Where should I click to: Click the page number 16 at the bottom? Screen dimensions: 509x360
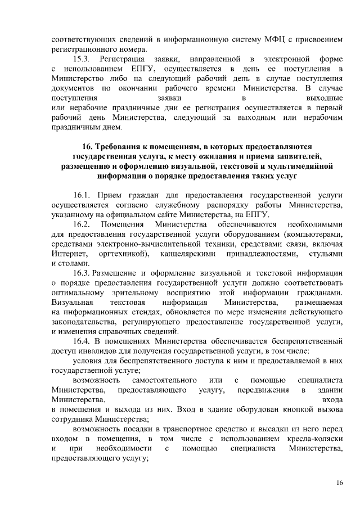[x=339, y=483]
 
